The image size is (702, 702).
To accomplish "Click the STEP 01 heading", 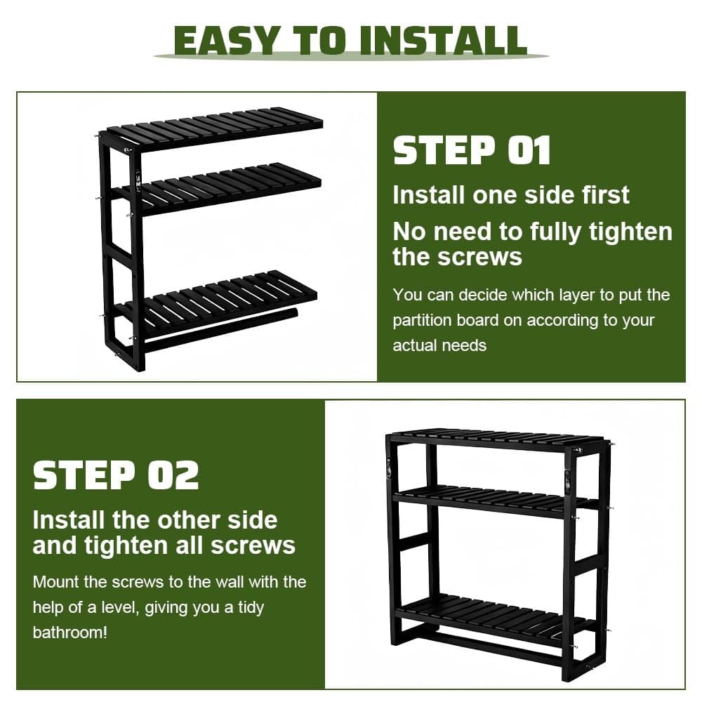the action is (472, 150).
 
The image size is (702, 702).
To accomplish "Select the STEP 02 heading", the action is (116, 475).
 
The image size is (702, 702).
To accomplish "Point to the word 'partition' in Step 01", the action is (422, 321).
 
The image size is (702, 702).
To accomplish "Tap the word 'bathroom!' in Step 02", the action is (69, 633).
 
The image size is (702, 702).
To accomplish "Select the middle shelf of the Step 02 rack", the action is (496, 501).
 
